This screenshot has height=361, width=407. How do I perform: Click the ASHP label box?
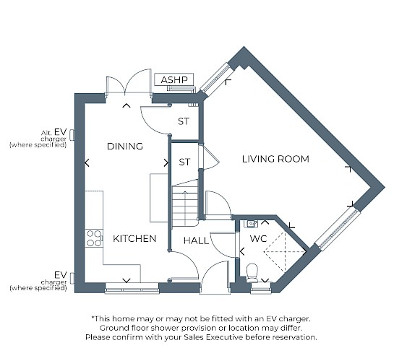pyautogui.click(x=174, y=79)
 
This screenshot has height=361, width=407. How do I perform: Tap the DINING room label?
pyautogui.click(x=125, y=147)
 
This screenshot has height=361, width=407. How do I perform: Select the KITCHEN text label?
pyautogui.click(x=134, y=239)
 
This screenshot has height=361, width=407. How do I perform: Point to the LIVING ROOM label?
pyautogui.click(x=275, y=159)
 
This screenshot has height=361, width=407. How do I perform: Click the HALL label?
pyautogui.click(x=196, y=240)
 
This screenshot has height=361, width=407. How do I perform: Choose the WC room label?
pyautogui.click(x=258, y=239)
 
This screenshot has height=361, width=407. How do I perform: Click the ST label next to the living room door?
pyautogui.click(x=184, y=162)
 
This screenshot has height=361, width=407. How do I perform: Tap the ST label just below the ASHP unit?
pyautogui.click(x=184, y=121)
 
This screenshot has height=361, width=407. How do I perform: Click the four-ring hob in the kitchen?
pyautogui.click(x=94, y=238)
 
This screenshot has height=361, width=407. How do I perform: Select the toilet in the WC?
pyautogui.click(x=252, y=273)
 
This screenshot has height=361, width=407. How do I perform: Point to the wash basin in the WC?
pyautogui.click(x=251, y=224)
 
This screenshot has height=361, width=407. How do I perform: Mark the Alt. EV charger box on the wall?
pyautogui.click(x=72, y=135)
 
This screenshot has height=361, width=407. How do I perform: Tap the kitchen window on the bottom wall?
pyautogui.click(x=132, y=288)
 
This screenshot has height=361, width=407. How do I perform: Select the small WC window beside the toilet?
pyautogui.click(x=261, y=288)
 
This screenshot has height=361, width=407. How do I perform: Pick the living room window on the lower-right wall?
pyautogui.click(x=337, y=229)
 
